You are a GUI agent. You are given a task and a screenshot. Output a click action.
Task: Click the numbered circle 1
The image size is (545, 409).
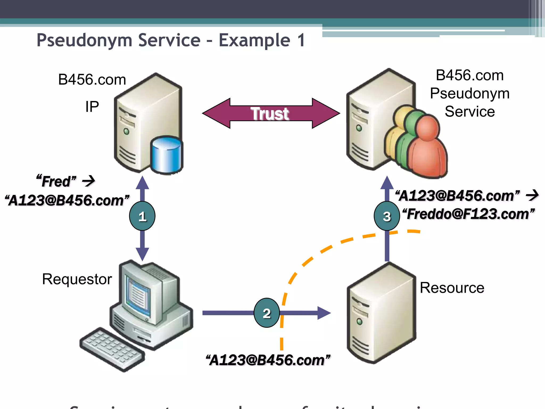(x=142, y=216)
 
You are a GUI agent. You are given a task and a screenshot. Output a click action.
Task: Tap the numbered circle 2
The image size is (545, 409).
(x=267, y=313)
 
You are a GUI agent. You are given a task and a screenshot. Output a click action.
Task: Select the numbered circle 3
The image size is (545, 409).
(x=387, y=216)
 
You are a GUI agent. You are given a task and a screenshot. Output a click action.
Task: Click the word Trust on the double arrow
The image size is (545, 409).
(x=270, y=114)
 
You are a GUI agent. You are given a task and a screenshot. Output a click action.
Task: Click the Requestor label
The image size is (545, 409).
(x=77, y=279)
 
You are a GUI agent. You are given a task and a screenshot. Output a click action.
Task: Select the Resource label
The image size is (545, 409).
(x=452, y=288)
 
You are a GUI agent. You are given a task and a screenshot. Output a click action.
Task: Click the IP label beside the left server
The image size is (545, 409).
(x=92, y=107)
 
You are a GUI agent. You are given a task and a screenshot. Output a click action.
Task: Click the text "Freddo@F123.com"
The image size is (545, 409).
(x=468, y=214)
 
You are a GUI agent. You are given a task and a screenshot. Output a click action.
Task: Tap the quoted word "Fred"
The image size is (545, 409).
(x=56, y=181)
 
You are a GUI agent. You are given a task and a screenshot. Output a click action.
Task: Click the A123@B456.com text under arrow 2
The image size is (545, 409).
(x=268, y=360)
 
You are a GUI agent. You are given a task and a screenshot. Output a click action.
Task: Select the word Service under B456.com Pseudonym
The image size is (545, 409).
(x=470, y=111)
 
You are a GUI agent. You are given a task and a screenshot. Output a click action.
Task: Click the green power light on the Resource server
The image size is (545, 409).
(x=359, y=321)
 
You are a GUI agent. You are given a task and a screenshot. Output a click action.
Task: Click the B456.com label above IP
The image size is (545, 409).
(x=92, y=79)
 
